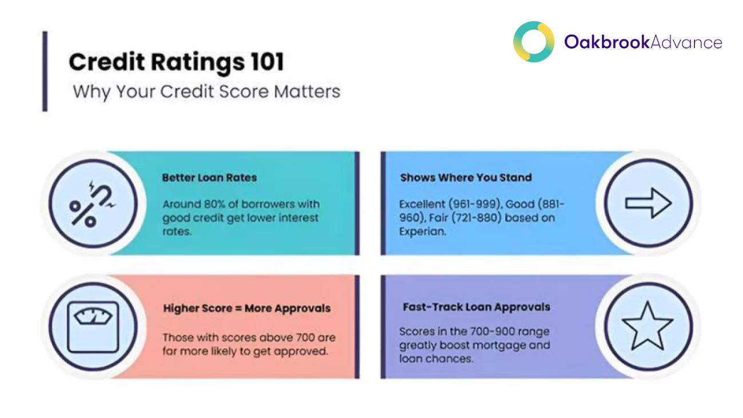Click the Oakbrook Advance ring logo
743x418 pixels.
533,42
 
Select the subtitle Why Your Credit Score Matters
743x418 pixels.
206,91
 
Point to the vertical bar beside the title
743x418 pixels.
45,71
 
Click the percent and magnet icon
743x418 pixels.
93,203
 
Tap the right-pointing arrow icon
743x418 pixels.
648,202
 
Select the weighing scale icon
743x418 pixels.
93,327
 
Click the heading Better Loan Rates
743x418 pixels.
209,177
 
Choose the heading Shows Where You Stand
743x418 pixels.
466,177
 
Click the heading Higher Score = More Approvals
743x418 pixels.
246,308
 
